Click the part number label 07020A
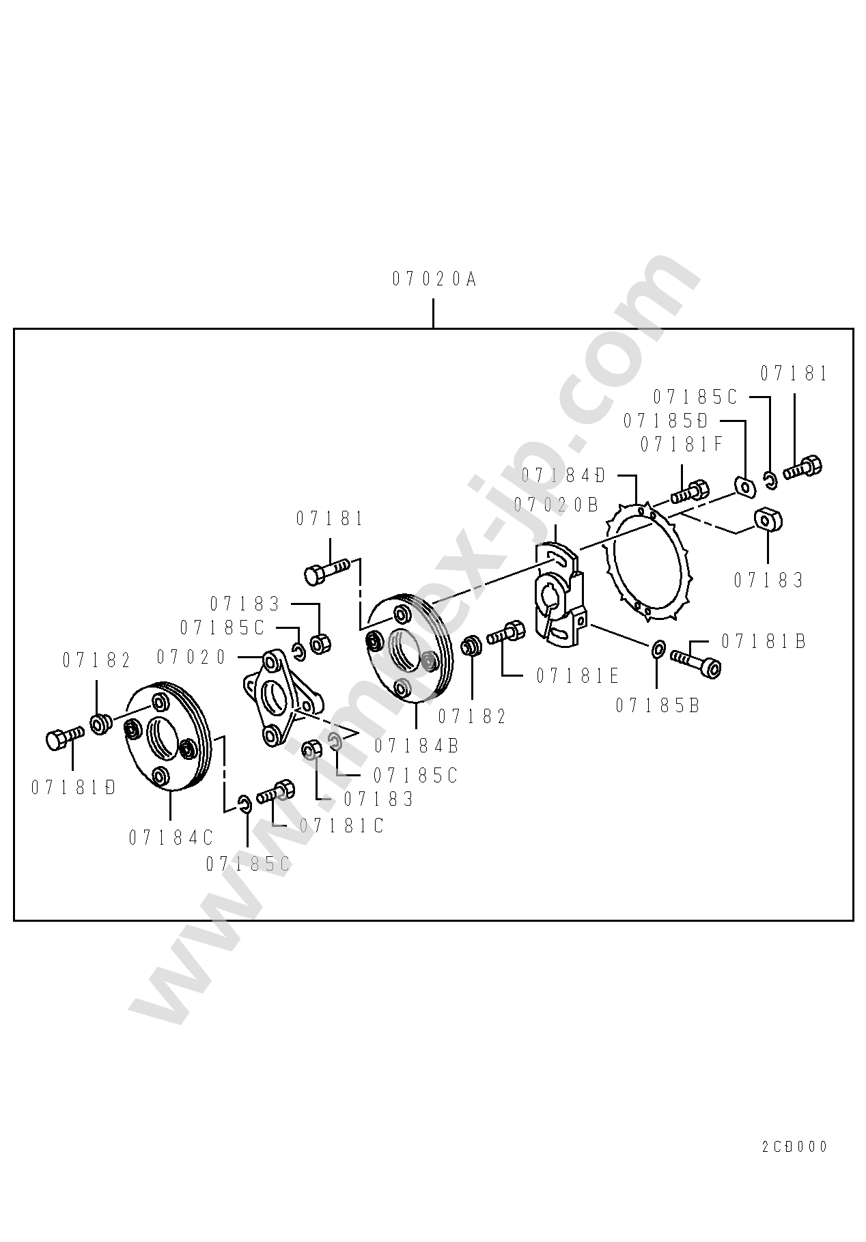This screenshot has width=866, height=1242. pyautogui.click(x=434, y=279)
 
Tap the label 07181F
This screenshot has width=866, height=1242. pyautogui.click(x=681, y=444)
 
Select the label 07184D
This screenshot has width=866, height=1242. pyautogui.click(x=563, y=475)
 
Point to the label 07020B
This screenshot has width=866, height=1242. pyautogui.click(x=556, y=505)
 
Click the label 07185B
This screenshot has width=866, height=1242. pyautogui.click(x=658, y=705)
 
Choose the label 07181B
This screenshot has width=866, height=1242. pyautogui.click(x=764, y=641)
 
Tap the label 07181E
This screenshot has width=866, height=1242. pyautogui.click(x=577, y=676)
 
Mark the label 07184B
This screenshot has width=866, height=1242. pyautogui.click(x=416, y=746)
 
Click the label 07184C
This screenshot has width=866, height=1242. pyautogui.click(x=171, y=838)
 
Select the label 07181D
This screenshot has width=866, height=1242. pyautogui.click(x=73, y=787)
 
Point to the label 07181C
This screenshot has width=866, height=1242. pyautogui.click(x=341, y=826)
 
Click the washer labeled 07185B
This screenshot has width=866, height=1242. pyautogui.click(x=658, y=648)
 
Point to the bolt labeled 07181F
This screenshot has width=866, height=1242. pyautogui.click(x=690, y=491)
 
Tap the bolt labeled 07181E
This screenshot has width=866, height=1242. pyautogui.click(x=506, y=632)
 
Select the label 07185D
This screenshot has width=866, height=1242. pyautogui.click(x=665, y=420)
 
